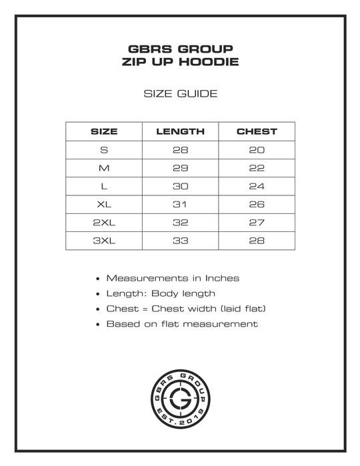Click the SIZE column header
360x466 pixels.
pos(104,131)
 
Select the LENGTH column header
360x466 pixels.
pos(180,131)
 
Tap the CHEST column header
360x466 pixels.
pos(257,131)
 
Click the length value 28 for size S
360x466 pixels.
pos(180,150)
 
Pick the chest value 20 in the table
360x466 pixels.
pos(257,150)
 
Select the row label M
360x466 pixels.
pos(104,168)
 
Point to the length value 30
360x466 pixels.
pos(180,186)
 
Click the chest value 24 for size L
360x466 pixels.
pos(257,186)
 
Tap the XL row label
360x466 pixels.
pos(104,205)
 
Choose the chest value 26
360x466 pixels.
pos(257,205)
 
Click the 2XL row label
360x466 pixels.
pos(104,223)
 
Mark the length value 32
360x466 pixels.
pos(180,223)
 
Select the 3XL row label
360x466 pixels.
pos(104,241)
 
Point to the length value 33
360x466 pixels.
pos(180,241)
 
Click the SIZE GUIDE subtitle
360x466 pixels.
pos(181,93)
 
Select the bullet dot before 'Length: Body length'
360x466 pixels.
pos(98,294)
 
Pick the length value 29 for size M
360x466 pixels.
pos(180,168)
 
